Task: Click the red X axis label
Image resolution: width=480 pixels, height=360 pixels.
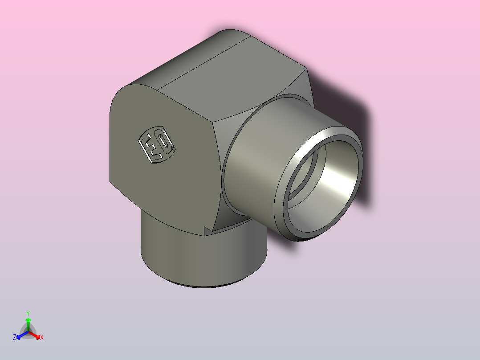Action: [42, 338]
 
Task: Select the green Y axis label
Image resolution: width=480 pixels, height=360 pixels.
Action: [28, 313]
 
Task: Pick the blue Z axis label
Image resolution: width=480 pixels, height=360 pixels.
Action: [15, 338]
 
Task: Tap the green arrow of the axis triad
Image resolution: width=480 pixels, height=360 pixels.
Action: [28, 322]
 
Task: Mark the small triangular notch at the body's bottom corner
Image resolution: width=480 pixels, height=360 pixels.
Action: [207, 230]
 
